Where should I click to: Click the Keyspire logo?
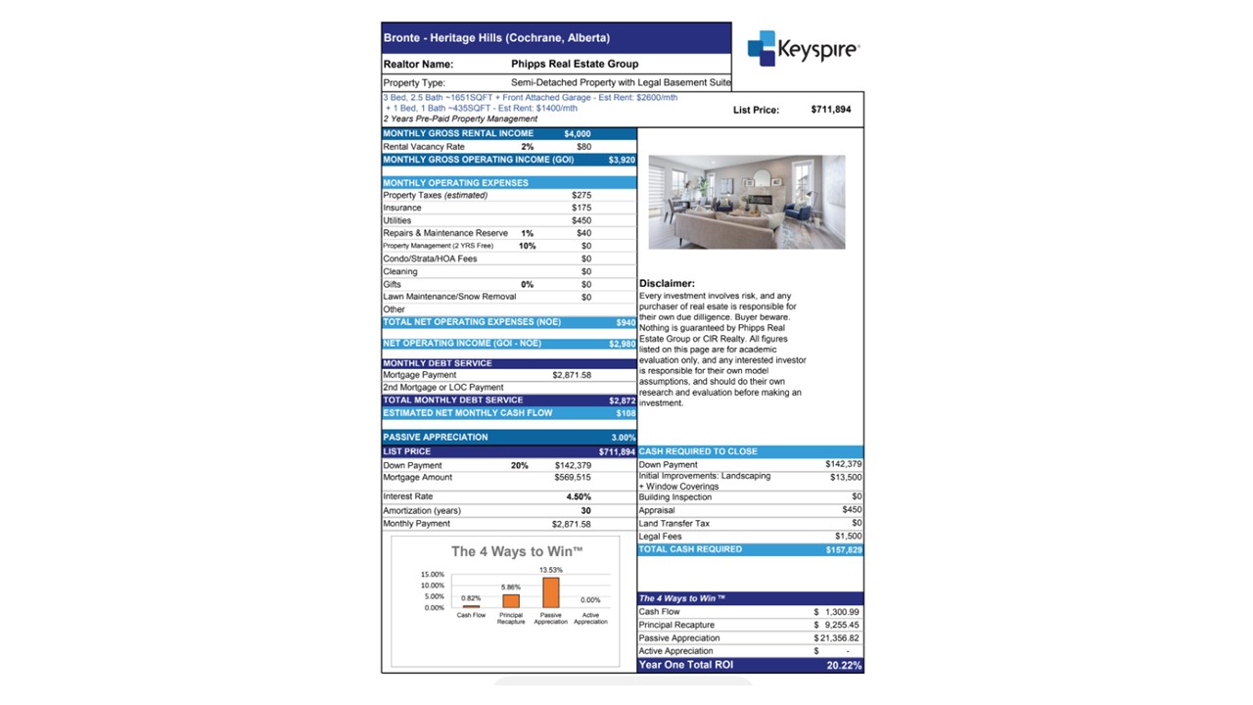(x=803, y=48)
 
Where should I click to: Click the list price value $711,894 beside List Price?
(x=831, y=110)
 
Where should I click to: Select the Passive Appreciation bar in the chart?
(x=551, y=592)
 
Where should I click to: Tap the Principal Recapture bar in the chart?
(x=511, y=601)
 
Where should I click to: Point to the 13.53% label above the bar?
(x=551, y=570)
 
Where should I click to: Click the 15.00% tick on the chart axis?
(x=432, y=574)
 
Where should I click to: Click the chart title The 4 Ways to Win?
(x=517, y=551)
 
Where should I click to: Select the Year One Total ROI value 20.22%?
(x=844, y=665)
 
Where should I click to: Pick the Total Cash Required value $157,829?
(x=843, y=550)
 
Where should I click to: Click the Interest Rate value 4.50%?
(x=579, y=496)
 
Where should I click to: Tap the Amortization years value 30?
(x=585, y=510)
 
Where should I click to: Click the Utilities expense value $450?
(x=581, y=220)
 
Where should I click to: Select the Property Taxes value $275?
(x=581, y=195)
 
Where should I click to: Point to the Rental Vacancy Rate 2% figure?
(x=528, y=147)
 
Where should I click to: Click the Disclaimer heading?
(x=667, y=284)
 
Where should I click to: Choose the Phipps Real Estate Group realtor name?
(x=575, y=64)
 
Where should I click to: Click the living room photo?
(x=747, y=202)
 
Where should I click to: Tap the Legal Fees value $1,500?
(x=848, y=537)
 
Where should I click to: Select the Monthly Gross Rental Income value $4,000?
(x=578, y=133)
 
